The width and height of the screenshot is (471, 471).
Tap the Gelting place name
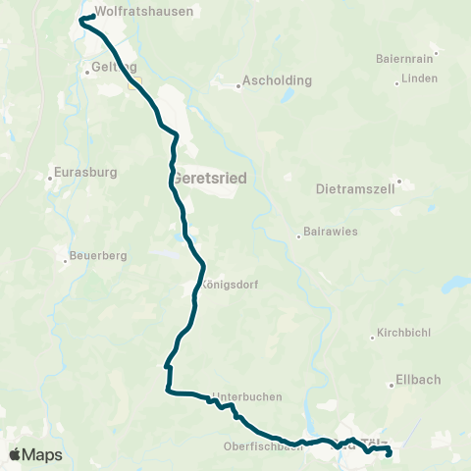(x=108, y=68)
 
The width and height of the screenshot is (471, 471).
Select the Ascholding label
(x=279, y=79)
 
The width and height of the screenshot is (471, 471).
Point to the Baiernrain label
(x=405, y=58)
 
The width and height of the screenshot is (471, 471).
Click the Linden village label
(x=419, y=78)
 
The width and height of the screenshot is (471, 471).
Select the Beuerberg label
(x=99, y=257)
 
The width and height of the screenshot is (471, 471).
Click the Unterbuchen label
(x=246, y=396)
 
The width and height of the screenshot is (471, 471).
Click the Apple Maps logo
(x=35, y=454)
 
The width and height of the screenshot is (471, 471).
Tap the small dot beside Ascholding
(x=239, y=85)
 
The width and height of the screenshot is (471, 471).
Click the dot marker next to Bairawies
(x=299, y=235)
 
